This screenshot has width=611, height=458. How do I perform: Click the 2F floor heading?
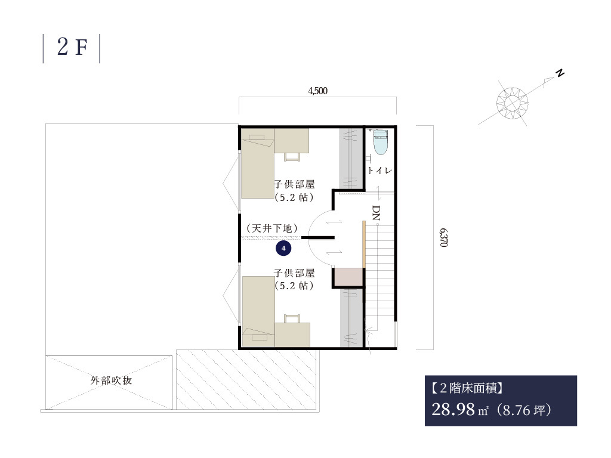point(72,47)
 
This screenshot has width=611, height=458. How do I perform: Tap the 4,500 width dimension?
point(317,91)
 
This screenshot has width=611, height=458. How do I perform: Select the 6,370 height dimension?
point(443,237)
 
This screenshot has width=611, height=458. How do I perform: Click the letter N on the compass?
point(560,73)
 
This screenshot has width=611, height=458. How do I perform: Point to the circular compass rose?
point(512,103)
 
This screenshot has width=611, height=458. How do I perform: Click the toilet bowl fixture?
point(381,142)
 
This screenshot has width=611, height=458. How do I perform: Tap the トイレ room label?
point(380,170)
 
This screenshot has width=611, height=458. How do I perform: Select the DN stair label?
point(376,213)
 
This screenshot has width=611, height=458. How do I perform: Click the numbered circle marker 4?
point(283,248)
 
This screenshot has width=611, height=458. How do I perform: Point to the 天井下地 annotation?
point(272,228)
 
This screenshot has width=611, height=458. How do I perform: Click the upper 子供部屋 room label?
point(294,184)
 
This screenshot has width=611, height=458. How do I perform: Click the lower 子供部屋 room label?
point(294,273)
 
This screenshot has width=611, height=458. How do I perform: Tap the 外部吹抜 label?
point(112,380)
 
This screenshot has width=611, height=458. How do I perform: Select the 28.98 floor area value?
point(453,410)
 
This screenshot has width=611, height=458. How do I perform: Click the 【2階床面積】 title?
point(467,388)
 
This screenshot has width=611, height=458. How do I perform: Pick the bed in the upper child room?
point(257,163)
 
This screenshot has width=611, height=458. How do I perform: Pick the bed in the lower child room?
point(258,311)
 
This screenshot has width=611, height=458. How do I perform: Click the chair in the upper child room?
point(292,157)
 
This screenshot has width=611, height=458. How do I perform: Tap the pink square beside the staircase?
point(348,277)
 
